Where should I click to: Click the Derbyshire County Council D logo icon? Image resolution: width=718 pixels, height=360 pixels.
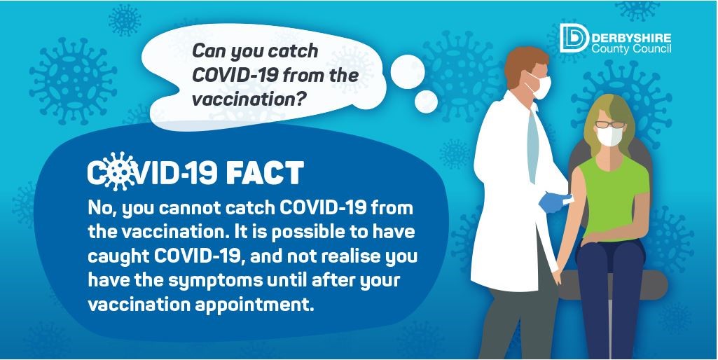point(574,39)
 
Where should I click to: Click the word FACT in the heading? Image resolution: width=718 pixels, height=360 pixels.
point(265,173)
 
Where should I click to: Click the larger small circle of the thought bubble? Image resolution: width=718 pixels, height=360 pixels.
point(407,71)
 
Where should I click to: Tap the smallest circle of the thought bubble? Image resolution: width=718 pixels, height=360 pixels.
point(427,102)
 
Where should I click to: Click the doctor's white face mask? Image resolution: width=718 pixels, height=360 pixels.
point(540,86)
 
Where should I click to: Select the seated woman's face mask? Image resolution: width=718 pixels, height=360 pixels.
point(609,136)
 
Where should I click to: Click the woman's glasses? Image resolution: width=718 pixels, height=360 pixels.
point(610,125)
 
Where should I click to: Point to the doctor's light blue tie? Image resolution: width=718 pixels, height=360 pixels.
point(533,144)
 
